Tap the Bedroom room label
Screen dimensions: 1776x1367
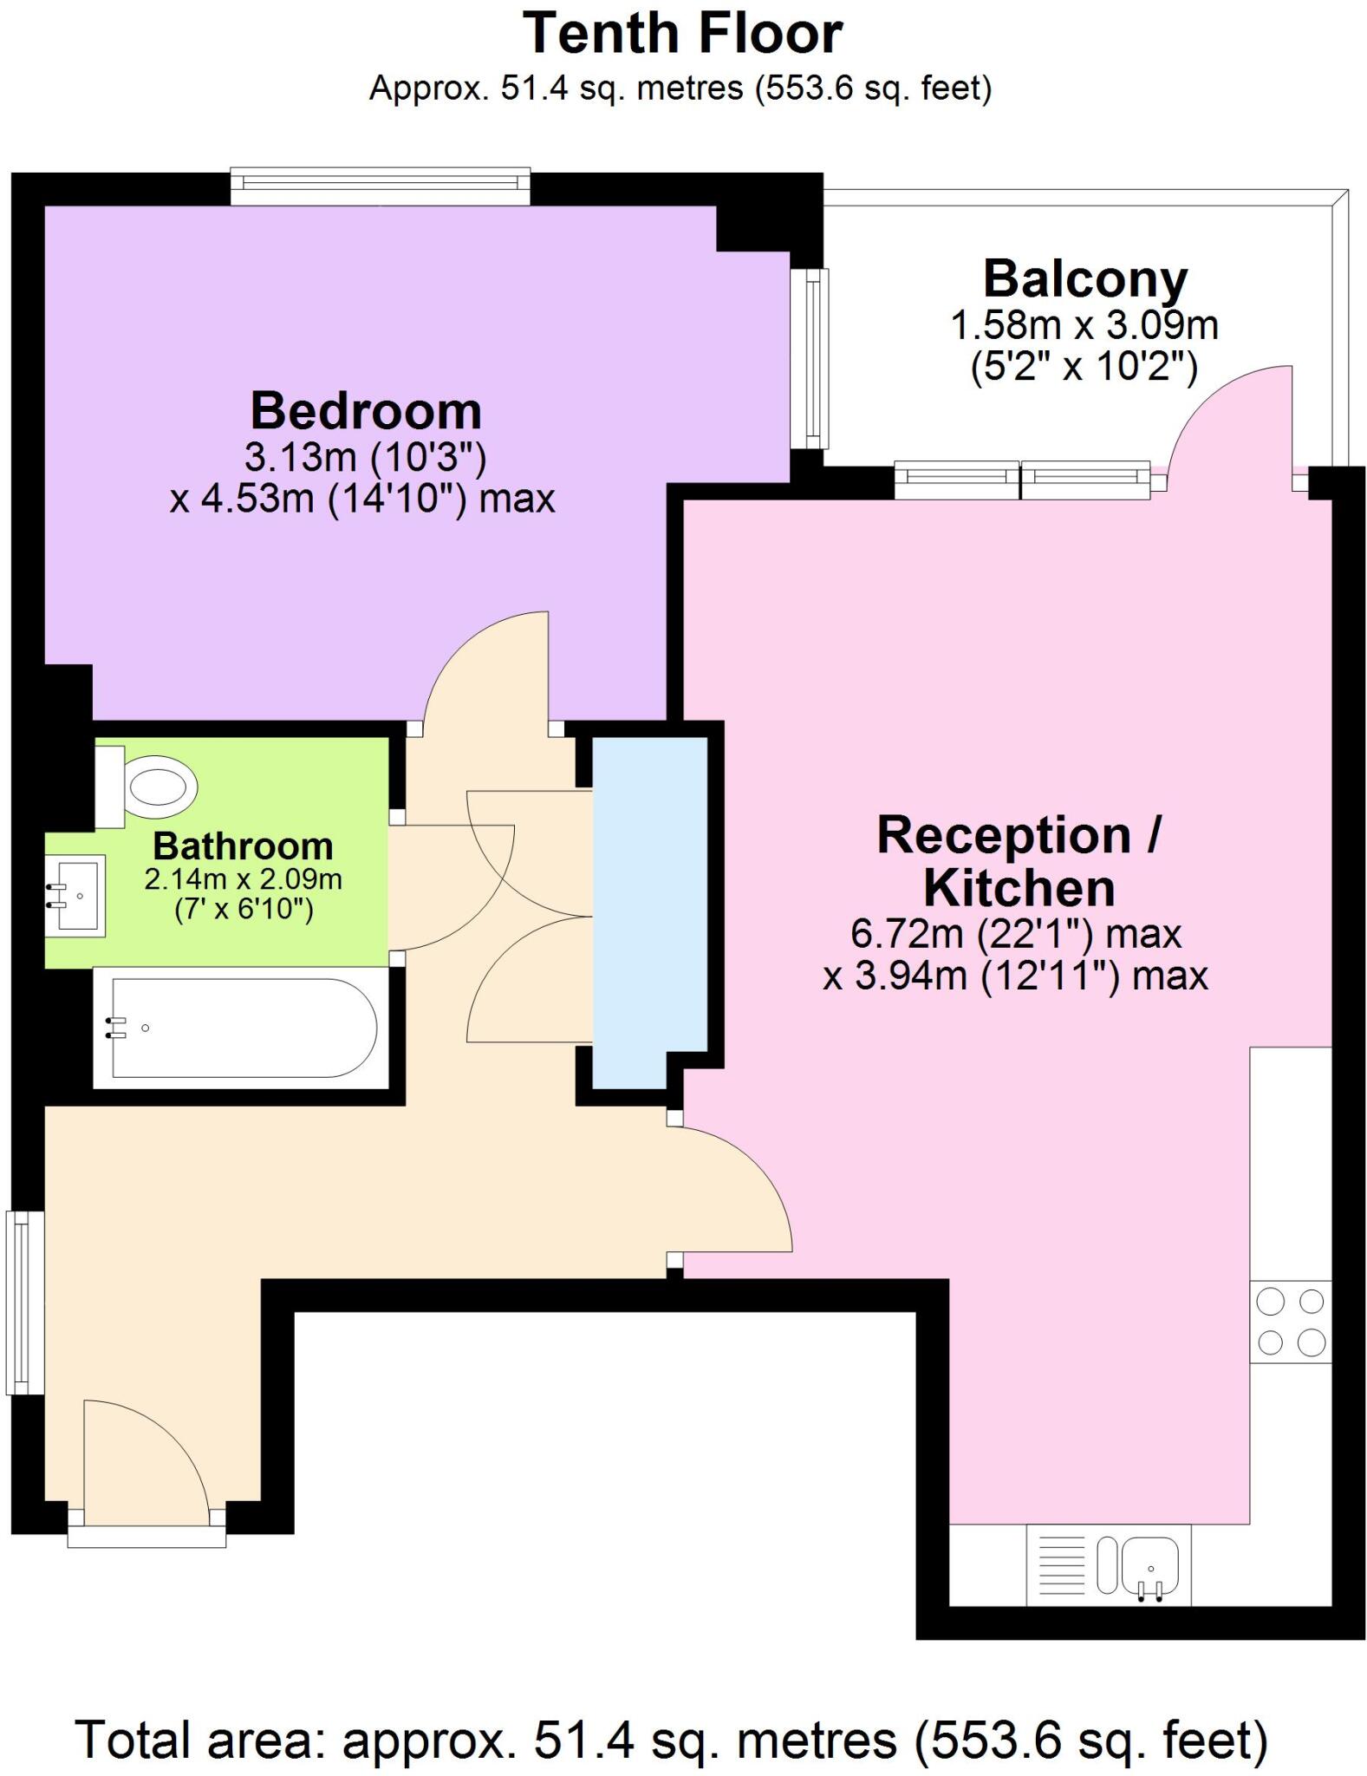(x=365, y=411)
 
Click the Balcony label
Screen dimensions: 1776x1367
(x=1084, y=279)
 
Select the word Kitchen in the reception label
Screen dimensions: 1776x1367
(x=1019, y=888)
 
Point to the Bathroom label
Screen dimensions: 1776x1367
(x=243, y=846)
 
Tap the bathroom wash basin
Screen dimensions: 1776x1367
(x=76, y=895)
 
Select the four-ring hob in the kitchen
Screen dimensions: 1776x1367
(x=1291, y=1322)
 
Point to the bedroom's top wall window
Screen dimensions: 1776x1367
(x=380, y=185)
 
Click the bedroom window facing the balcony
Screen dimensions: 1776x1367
(x=811, y=359)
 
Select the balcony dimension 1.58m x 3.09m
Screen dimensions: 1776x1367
(x=1084, y=326)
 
